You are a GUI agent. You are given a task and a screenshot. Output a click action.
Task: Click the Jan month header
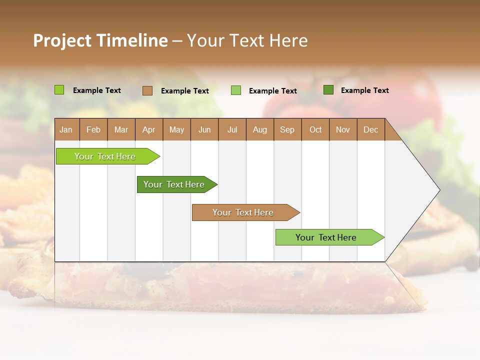coord(66,129)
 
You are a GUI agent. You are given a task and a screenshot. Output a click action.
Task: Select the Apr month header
coord(148,129)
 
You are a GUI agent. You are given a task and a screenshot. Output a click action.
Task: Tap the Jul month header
coord(232,129)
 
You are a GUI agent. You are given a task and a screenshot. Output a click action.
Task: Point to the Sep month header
coord(287,129)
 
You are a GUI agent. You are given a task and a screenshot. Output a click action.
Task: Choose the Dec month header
coord(370,129)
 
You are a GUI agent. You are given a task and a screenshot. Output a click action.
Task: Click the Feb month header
coord(93,129)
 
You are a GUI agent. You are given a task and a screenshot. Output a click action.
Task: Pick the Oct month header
coord(315,129)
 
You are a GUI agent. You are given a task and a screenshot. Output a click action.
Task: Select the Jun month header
coord(204,129)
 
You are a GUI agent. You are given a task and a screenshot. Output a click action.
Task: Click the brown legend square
coord(147,90)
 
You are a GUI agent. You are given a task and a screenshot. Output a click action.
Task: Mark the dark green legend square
coord(328,90)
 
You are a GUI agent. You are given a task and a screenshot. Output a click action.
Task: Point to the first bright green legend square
coord(59,90)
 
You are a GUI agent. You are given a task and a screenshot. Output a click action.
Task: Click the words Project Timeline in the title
coord(100,40)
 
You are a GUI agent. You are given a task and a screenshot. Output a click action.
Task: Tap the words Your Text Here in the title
coord(247,40)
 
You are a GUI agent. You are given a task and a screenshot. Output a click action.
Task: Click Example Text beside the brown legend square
coord(185,91)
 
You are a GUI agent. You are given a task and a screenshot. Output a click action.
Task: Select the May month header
coord(176,129)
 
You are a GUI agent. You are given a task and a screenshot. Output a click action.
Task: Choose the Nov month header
coord(343,129)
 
